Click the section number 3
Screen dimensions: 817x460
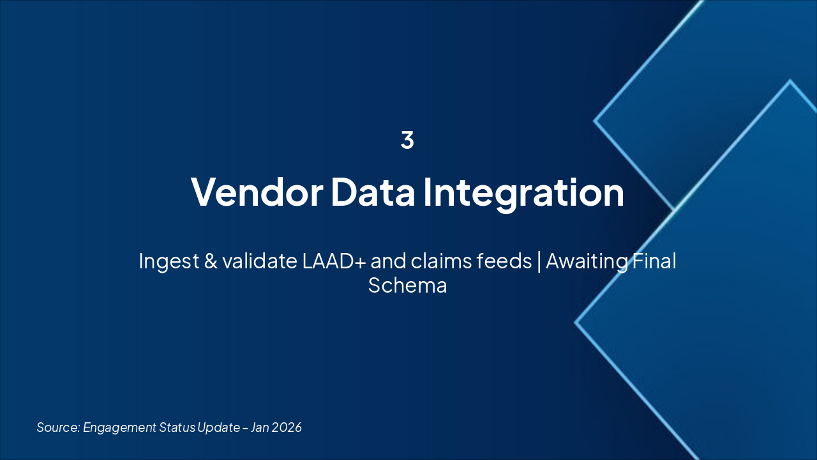pyautogui.click(x=407, y=139)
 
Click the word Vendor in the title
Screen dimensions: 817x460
pyautogui.click(x=257, y=192)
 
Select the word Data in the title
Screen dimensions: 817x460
pyautogui.click(x=373, y=192)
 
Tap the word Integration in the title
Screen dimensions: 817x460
pyautogui.click(x=524, y=194)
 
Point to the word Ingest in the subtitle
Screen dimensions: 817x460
pyautogui.click(x=169, y=262)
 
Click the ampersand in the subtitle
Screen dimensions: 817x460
pyautogui.click(x=211, y=261)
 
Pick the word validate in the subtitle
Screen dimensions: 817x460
pyautogui.click(x=260, y=261)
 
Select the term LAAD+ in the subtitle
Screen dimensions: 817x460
pyautogui.click(x=334, y=261)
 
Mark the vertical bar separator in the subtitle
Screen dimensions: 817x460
pyautogui.click(x=539, y=262)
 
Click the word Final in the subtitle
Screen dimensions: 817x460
pyautogui.click(x=654, y=261)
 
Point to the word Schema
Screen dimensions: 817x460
pyautogui.click(x=407, y=285)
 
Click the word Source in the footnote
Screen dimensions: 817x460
pyautogui.click(x=58, y=427)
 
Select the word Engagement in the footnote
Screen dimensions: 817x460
pyautogui.click(x=119, y=428)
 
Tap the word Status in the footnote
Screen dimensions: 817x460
pyautogui.click(x=177, y=427)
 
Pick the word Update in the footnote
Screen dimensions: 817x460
pyautogui.click(x=219, y=428)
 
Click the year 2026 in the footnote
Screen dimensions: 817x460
pyautogui.click(x=287, y=427)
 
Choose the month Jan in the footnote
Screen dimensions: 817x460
pyautogui.click(x=260, y=427)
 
